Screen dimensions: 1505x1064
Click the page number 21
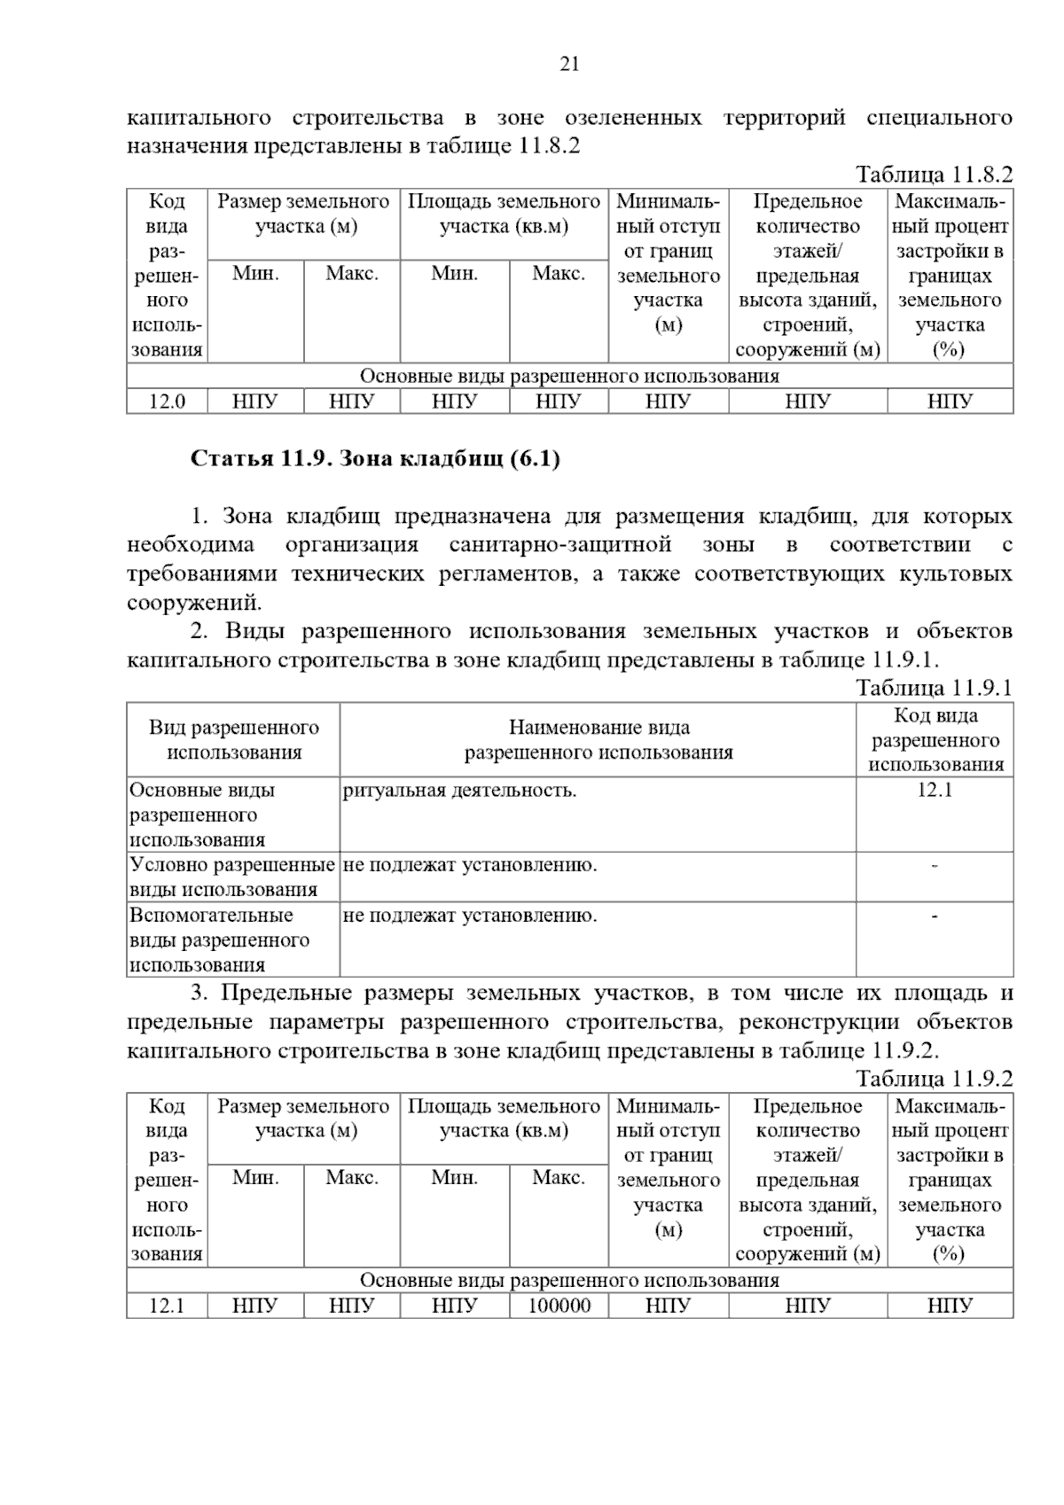tap(569, 64)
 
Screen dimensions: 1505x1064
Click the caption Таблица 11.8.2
tap(934, 174)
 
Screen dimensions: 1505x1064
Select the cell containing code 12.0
tap(167, 402)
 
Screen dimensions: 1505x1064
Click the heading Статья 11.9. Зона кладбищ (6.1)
tap(375, 459)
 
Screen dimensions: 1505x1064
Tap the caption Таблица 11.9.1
tap(934, 688)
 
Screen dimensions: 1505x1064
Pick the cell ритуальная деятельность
tap(459, 790)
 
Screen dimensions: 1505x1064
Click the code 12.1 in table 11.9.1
tap(935, 790)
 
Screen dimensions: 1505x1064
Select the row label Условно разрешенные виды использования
tap(232, 877)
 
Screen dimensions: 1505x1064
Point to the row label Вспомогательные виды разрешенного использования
tap(219, 940)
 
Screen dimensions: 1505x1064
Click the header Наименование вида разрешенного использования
tap(598, 740)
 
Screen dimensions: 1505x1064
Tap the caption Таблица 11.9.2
tap(934, 1079)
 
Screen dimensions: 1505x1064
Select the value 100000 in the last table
tap(559, 1306)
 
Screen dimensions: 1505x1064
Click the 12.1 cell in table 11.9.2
tap(167, 1306)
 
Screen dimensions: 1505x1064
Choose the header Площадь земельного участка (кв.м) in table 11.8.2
tap(504, 214)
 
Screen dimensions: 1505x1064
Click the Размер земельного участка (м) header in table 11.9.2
tap(303, 1119)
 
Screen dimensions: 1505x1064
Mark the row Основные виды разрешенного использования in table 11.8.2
tap(569, 377)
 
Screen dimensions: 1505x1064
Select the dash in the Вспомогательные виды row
tap(935, 916)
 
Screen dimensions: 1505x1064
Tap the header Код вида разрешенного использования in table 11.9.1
tap(935, 740)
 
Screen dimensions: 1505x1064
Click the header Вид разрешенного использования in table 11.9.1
tap(233, 740)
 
